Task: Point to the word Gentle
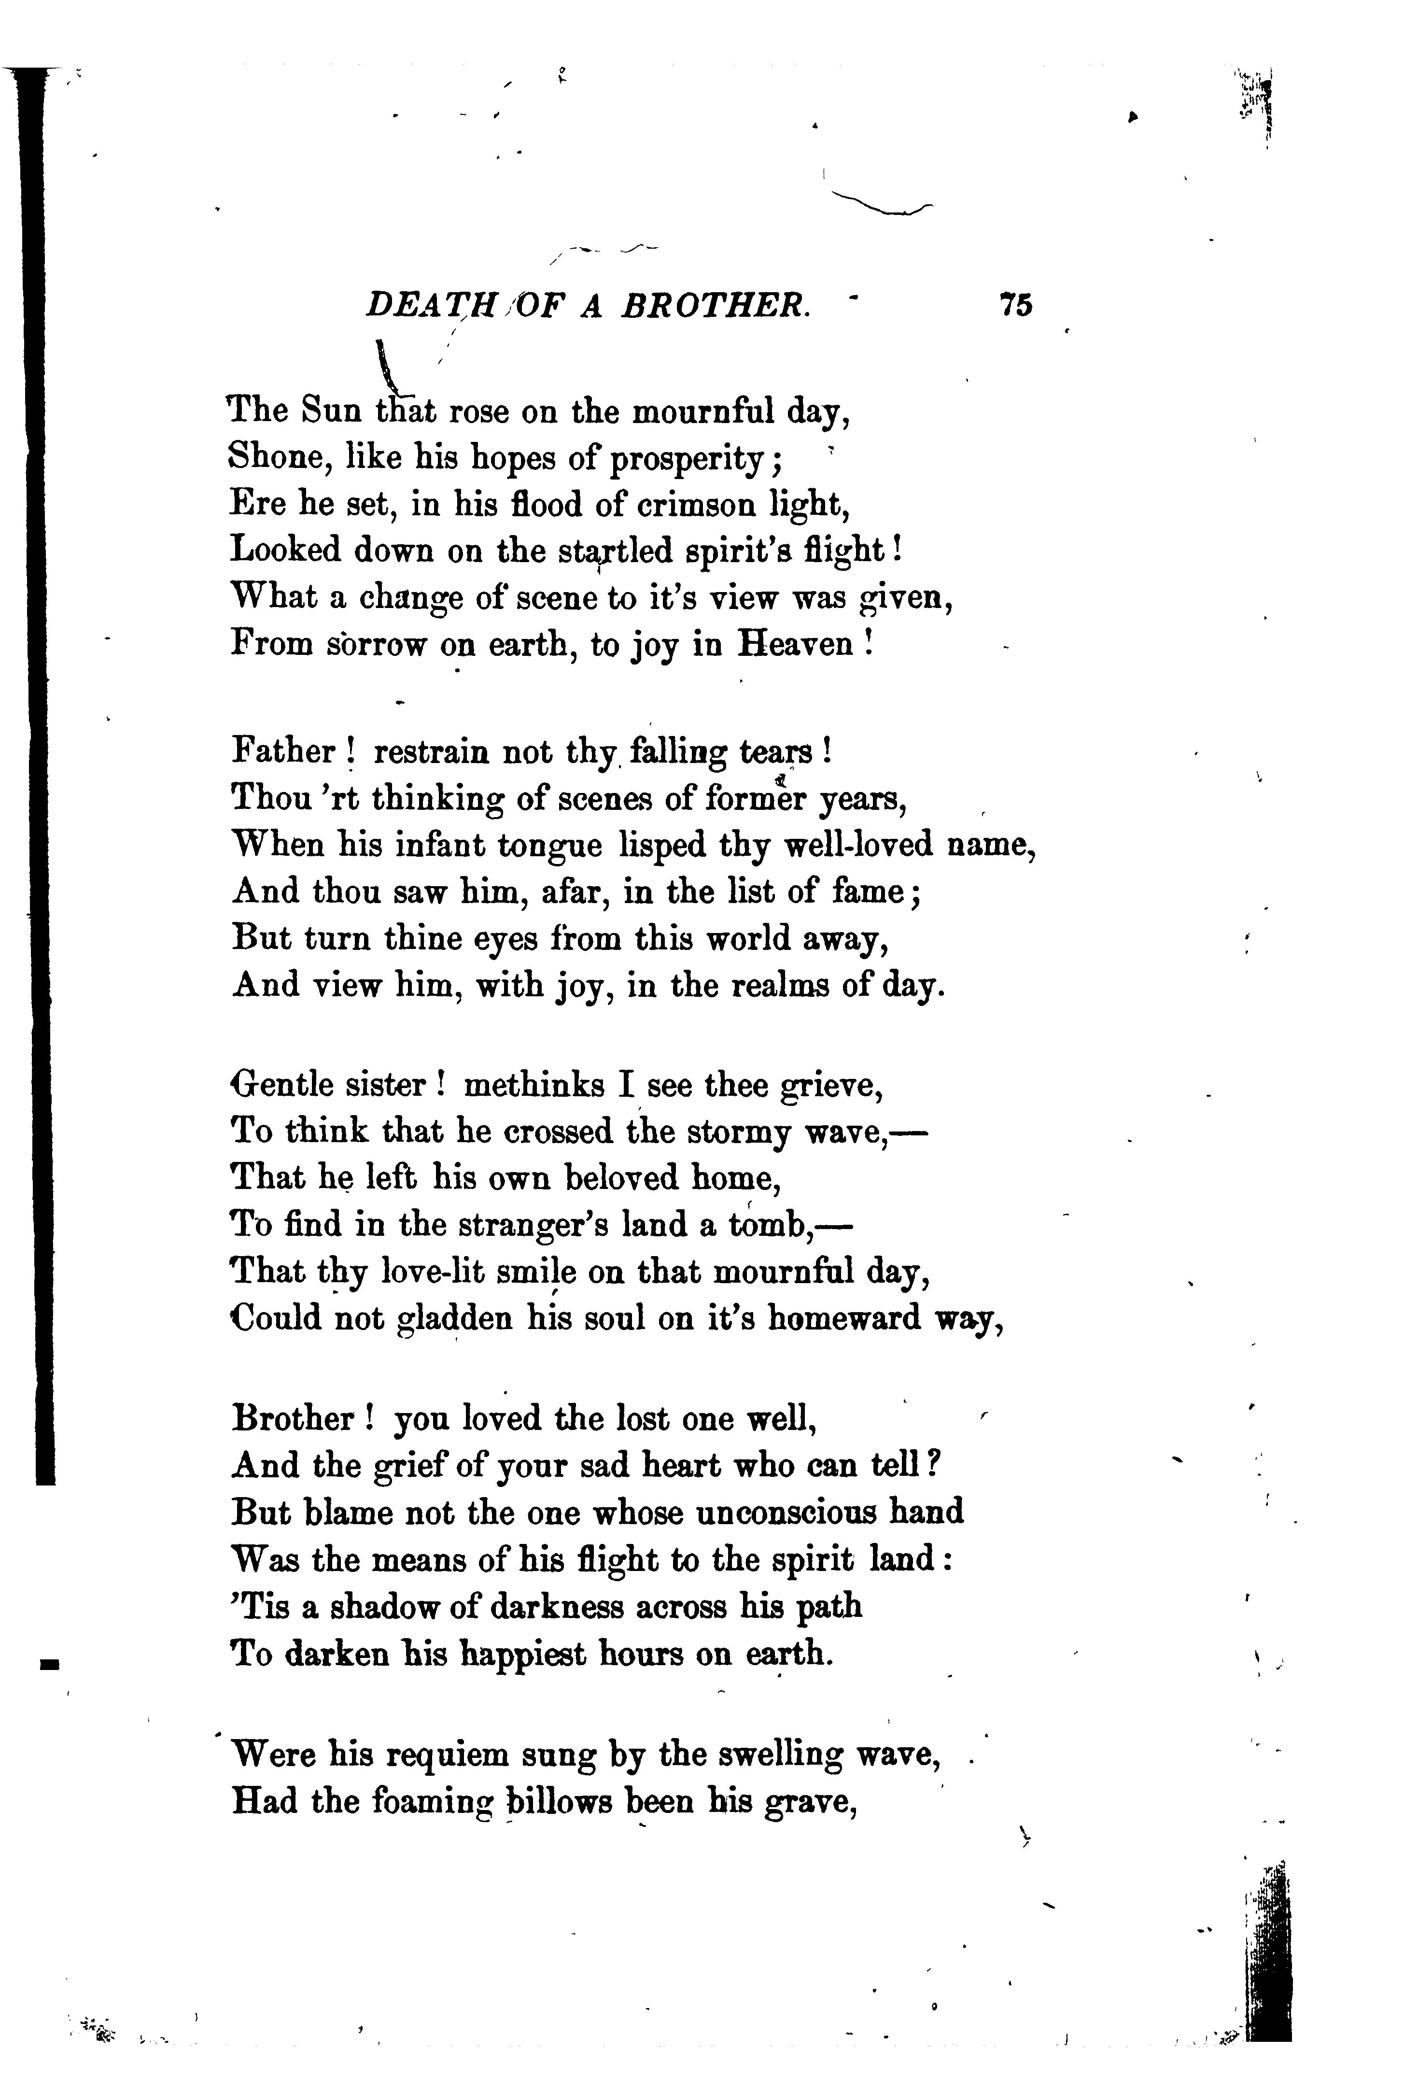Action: point(282,1086)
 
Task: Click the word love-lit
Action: point(423,1272)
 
